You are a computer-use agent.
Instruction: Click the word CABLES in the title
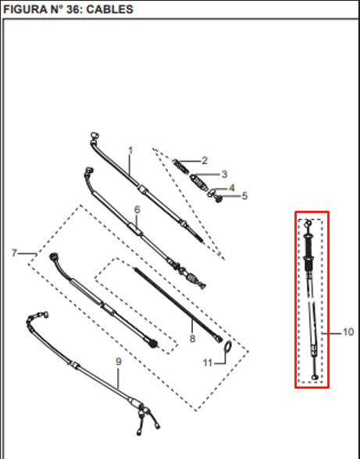point(110,9)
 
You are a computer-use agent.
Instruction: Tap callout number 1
point(130,151)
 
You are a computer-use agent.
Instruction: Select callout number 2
point(205,161)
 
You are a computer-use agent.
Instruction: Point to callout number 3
point(224,174)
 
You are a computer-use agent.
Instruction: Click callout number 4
point(231,187)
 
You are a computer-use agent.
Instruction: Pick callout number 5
point(244,196)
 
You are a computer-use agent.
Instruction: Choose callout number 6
point(137,209)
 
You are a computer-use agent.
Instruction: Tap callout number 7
point(14,253)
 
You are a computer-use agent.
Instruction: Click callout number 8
point(192,339)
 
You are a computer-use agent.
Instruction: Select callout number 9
point(119,361)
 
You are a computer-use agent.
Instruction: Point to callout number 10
point(348,332)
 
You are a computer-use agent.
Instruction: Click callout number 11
point(208,363)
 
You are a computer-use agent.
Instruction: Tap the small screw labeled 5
point(218,199)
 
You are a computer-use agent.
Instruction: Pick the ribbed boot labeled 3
point(198,182)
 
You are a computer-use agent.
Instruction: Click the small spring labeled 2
point(180,167)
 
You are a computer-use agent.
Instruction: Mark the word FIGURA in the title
point(23,9)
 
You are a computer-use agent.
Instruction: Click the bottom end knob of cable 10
point(315,377)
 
